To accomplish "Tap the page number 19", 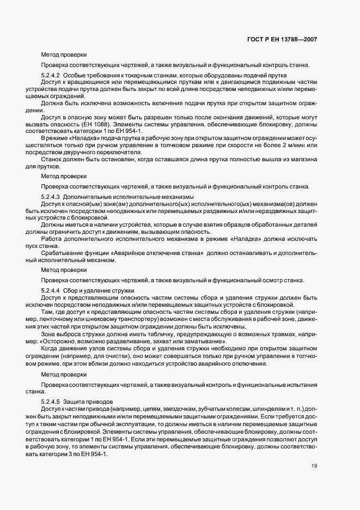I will click(314, 465).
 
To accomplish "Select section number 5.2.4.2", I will click(52, 75).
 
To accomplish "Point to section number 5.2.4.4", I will click(52, 290).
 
